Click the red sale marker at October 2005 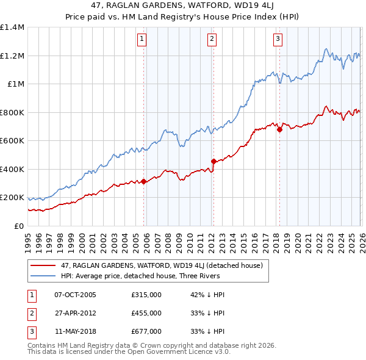coord(143,181)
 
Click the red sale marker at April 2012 coord(213,161)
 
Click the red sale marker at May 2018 coord(279,129)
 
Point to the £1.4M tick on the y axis coord(12,27)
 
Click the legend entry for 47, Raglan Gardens coord(162,265)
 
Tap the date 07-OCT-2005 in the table coord(75,295)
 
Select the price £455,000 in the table coord(146,313)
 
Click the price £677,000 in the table coord(146,331)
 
